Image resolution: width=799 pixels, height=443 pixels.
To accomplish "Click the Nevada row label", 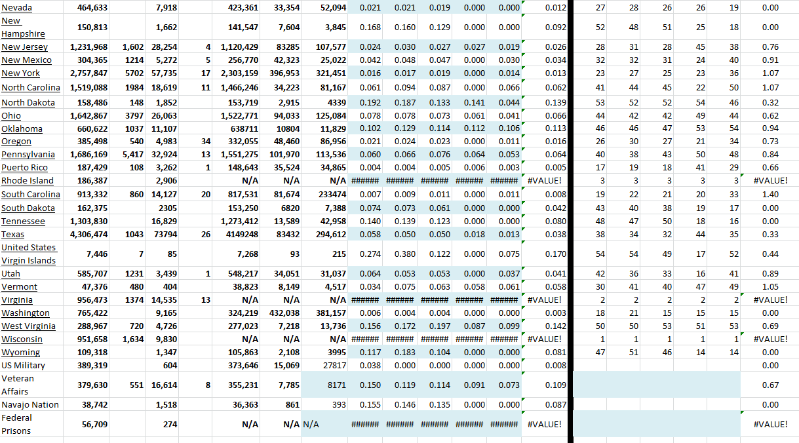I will pyautogui.click(x=16, y=7).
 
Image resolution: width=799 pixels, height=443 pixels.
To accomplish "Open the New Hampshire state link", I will pyautogui.click(x=23, y=27).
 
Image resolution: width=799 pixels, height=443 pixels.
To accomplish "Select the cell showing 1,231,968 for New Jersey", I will pyautogui.click(x=88, y=47).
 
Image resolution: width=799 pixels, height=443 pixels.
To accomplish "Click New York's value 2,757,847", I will pyautogui.click(x=88, y=73).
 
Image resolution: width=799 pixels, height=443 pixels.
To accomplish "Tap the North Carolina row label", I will pyautogui.click(x=31, y=88).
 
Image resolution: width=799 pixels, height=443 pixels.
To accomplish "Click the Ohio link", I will pyautogui.click(x=11, y=116).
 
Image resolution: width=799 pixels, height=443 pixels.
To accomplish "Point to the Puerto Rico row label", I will pyautogui.click(x=24, y=168).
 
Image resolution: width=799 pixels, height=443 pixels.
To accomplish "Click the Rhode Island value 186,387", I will pyautogui.click(x=92, y=181).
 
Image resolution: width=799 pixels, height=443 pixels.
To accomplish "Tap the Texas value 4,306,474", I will pyautogui.click(x=88, y=235).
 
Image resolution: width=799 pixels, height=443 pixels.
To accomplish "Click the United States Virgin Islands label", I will pyautogui.click(x=29, y=254).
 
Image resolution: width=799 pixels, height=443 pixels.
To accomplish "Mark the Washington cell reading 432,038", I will pyautogui.click(x=284, y=313).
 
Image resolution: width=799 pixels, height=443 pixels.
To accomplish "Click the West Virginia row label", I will pyautogui.click(x=28, y=326).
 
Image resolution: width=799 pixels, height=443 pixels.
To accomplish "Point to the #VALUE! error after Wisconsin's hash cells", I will pyautogui.click(x=544, y=339).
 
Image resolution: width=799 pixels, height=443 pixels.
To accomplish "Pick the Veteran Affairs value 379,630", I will pyautogui.click(x=92, y=385).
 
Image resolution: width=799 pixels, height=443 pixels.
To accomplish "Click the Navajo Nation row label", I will pyautogui.click(x=30, y=405).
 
